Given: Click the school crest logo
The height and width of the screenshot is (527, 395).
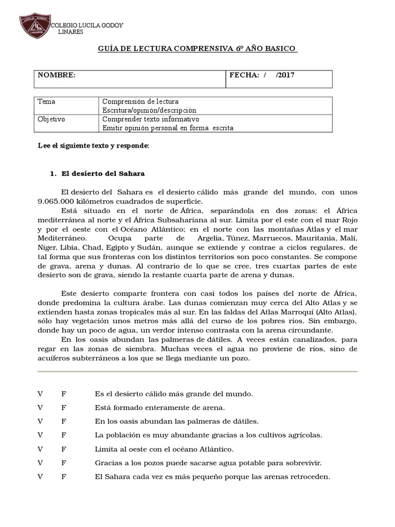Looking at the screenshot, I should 35,26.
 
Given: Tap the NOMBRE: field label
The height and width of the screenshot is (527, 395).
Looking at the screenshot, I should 57,75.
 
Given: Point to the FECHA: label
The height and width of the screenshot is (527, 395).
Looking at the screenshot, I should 245,75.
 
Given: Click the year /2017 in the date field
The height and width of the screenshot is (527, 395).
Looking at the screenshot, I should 285,75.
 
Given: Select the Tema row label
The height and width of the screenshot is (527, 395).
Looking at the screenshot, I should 46,102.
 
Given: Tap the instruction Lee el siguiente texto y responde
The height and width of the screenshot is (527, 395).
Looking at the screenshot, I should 94,146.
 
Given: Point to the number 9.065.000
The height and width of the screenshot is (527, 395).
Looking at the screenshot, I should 58,201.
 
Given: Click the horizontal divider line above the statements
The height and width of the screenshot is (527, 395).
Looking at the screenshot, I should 197,371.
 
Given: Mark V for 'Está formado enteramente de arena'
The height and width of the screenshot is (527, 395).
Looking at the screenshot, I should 40,408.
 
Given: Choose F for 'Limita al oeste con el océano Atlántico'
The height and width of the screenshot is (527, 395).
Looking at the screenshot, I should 64,449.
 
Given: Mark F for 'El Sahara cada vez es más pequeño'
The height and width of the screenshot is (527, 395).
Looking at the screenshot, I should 64,477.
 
